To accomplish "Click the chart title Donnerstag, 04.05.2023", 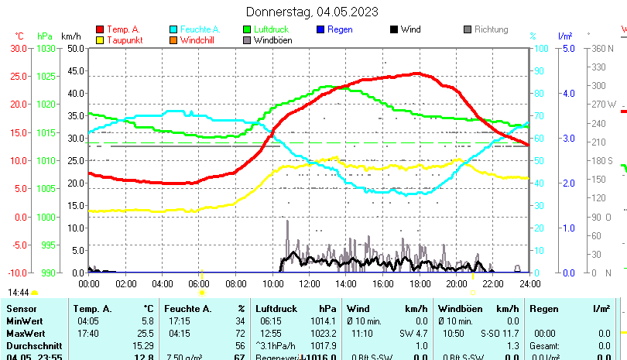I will [312, 12].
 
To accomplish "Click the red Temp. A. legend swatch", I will [100, 29].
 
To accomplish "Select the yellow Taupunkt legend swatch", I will [100, 39].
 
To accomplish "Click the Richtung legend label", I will [491, 29].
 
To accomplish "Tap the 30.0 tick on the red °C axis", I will [19, 48].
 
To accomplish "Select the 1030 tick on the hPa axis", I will [46, 48].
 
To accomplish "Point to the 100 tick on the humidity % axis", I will [543, 48].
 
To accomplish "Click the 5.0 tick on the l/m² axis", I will [567, 48].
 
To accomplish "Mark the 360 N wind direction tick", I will [602, 48].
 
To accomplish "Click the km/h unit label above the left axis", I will [70, 36].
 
